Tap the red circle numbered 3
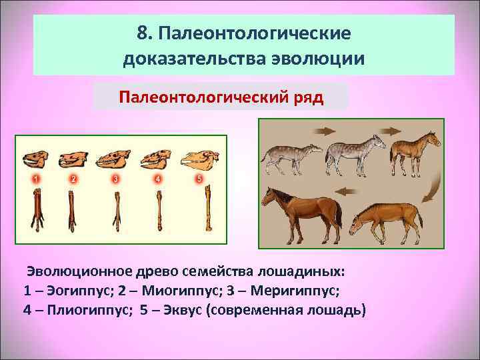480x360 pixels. pyautogui.click(x=115, y=179)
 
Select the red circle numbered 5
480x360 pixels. pyautogui.click(x=199, y=179)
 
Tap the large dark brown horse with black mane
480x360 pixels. pyautogui.click(x=299, y=211)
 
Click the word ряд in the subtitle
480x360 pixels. pyautogui.click(x=307, y=99)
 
